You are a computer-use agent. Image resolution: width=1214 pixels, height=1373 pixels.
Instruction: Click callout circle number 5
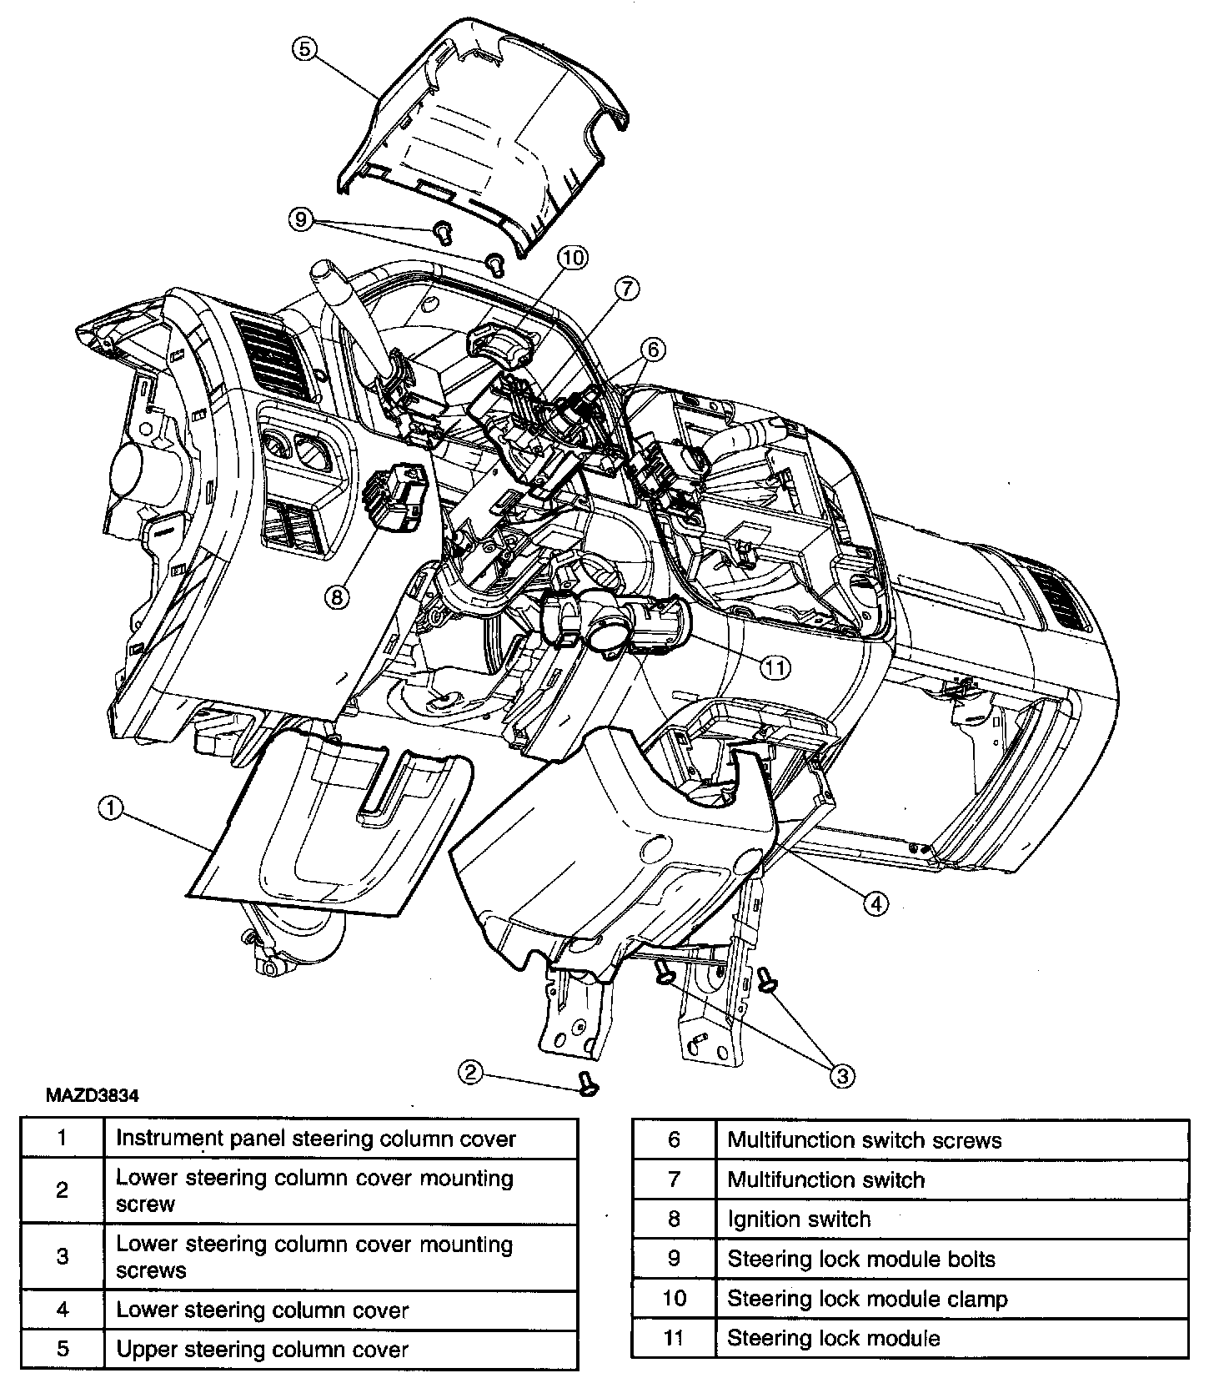pos(304,49)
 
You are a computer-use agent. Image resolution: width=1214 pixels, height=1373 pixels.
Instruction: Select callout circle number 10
pos(573,258)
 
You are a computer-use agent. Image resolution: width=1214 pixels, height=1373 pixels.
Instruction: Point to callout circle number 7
pos(626,289)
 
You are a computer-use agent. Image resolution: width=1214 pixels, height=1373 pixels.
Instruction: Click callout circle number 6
pos(653,350)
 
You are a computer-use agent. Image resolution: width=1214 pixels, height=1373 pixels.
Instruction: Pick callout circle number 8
pos(337,596)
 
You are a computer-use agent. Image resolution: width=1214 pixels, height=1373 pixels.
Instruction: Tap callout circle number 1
pos(110,807)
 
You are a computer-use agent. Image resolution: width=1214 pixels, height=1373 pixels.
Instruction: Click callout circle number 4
pos(875,903)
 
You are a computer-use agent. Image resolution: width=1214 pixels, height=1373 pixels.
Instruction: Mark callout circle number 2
pos(471,1072)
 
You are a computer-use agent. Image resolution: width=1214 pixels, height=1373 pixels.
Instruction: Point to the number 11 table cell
pos(674,1339)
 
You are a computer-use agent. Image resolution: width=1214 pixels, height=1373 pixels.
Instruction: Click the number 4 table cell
pos(63,1310)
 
